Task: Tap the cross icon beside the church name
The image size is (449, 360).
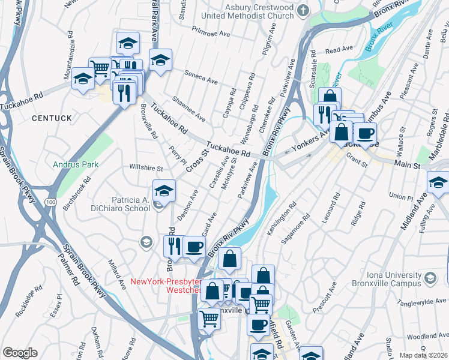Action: click(x=303, y=10)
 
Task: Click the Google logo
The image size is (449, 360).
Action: click(x=20, y=353)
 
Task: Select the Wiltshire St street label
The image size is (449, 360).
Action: click(x=142, y=169)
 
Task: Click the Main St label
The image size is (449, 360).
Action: click(x=408, y=163)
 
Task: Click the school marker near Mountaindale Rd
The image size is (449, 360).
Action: click(x=82, y=79)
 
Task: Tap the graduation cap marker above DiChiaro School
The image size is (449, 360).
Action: click(x=164, y=190)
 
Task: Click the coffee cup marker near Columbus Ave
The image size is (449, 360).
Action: click(x=364, y=133)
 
